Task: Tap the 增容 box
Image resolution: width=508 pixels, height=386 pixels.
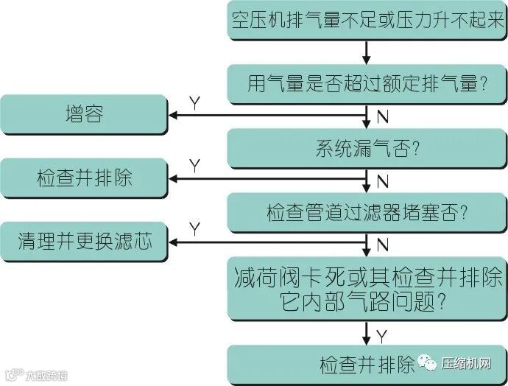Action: tap(84, 115)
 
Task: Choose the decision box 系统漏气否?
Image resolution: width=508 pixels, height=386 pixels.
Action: tap(367, 147)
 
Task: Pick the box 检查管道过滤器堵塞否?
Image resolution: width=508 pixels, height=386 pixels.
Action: tap(367, 211)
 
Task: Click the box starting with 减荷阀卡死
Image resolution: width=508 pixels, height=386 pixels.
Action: tap(367, 288)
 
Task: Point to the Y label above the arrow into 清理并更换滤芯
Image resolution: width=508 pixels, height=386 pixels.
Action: tap(194, 228)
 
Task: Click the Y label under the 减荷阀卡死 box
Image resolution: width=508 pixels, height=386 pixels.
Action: tap(382, 336)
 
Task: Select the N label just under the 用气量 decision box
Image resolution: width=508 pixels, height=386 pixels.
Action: tap(382, 117)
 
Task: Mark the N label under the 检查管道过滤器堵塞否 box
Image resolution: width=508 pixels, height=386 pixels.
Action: tap(382, 243)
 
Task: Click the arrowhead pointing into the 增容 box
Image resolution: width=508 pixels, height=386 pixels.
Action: tap(174, 115)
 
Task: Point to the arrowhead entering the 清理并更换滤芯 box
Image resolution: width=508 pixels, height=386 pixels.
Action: tap(174, 241)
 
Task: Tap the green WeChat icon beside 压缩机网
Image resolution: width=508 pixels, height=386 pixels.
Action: tap(427, 363)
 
